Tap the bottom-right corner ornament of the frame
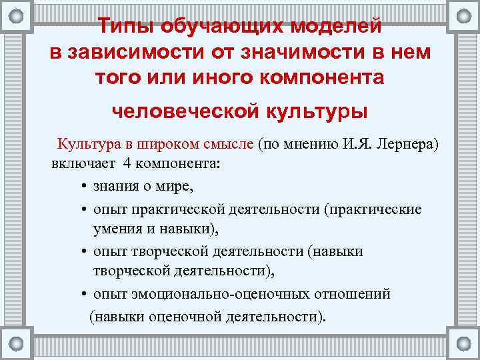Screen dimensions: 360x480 click(x=463, y=343)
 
